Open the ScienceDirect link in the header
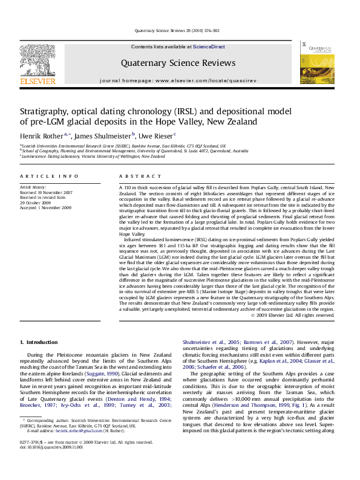point(209,47)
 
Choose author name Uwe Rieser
point(157,136)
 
